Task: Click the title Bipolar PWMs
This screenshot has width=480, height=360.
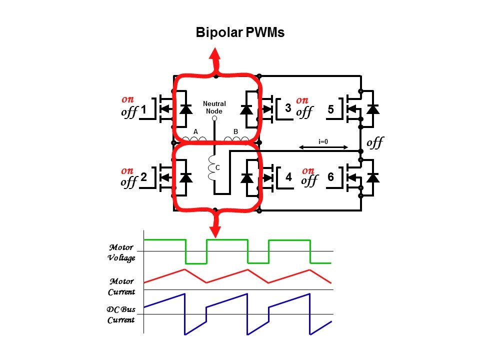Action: (239, 33)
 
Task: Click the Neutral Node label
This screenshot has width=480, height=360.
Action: (214, 107)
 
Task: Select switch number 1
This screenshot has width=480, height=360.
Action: (143, 108)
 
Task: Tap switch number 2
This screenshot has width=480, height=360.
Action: (143, 177)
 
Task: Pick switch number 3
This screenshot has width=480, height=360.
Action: (288, 108)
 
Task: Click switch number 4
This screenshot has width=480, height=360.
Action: (288, 177)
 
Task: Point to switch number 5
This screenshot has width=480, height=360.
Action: (330, 108)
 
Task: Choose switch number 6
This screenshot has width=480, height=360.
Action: (330, 177)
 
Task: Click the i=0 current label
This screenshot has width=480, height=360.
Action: (323, 141)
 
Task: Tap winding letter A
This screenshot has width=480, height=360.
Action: (196, 131)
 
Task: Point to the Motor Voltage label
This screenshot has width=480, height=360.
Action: (121, 252)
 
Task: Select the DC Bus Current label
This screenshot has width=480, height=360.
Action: (121, 314)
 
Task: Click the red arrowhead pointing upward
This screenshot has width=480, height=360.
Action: (215, 54)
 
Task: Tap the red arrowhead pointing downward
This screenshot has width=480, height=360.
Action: (215, 231)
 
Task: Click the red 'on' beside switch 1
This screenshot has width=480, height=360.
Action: (127, 99)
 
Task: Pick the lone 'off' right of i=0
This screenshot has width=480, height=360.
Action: (374, 143)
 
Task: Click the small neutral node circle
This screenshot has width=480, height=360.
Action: (214, 118)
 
